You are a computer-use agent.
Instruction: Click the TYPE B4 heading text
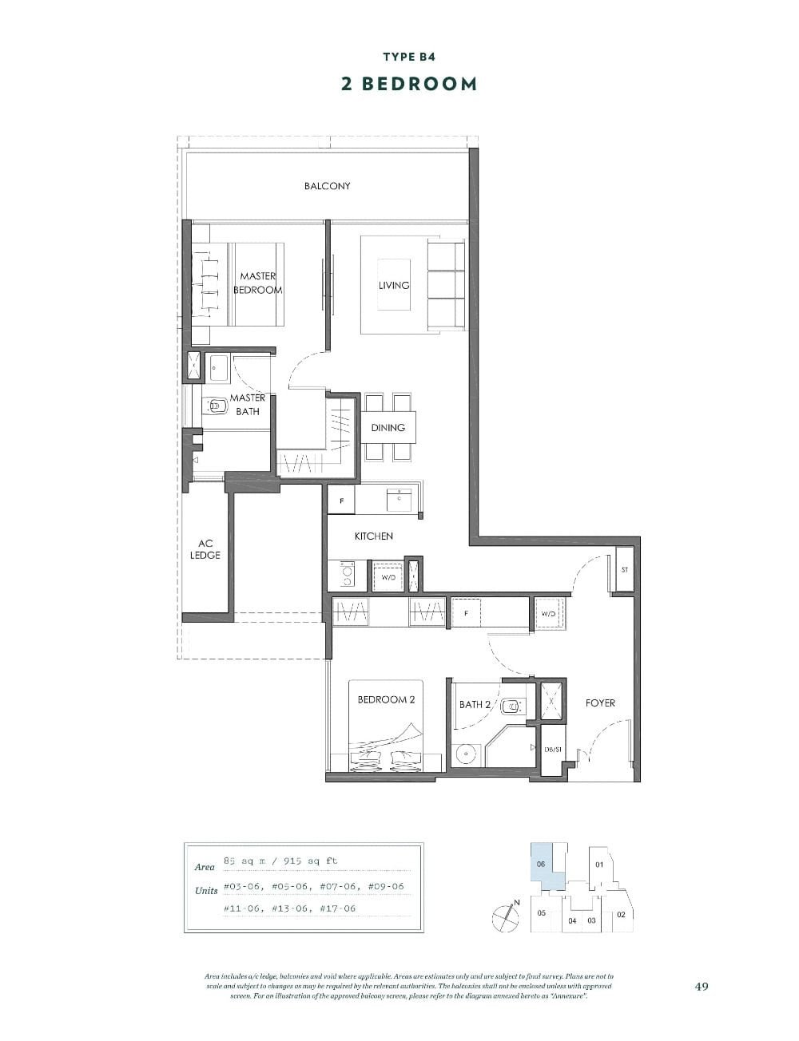click(408, 57)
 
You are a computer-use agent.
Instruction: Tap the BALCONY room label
click(327, 186)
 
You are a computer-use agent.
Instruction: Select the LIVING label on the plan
click(394, 285)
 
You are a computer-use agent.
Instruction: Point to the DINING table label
click(388, 428)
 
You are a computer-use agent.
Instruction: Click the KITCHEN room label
click(373, 536)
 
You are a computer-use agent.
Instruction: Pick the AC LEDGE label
click(205, 549)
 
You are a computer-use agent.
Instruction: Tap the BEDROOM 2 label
click(386, 700)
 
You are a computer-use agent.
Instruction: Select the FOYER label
click(600, 703)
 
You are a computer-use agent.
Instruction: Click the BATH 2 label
click(475, 705)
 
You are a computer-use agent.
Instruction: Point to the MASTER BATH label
click(248, 405)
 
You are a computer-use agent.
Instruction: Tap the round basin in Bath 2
click(464, 754)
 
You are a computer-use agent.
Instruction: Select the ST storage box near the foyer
click(624, 570)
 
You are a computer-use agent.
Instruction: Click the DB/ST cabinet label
click(554, 750)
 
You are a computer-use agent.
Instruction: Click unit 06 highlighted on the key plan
click(541, 867)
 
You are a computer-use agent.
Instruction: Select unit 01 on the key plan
click(598, 865)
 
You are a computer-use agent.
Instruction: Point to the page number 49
click(701, 986)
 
